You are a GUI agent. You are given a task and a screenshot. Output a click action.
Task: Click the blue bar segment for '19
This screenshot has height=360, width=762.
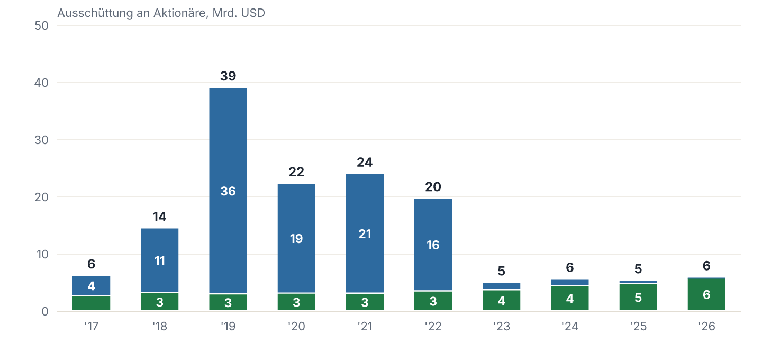tap(228, 191)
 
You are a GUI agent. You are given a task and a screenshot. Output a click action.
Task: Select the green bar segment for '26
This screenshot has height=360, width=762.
tap(706, 294)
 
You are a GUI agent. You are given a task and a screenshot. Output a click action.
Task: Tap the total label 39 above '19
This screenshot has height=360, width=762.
tap(228, 76)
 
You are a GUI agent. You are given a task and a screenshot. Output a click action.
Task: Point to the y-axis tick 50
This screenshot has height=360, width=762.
tap(41, 25)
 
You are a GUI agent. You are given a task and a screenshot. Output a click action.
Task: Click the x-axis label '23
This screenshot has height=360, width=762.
tap(502, 326)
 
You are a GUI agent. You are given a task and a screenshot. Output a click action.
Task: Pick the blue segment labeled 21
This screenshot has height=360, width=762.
tap(365, 233)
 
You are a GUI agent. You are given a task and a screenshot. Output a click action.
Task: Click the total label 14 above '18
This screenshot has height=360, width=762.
tap(160, 217)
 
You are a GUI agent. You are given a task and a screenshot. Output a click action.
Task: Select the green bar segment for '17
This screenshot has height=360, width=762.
tap(91, 303)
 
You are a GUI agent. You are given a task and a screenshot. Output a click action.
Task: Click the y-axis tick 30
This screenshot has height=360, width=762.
tap(41, 140)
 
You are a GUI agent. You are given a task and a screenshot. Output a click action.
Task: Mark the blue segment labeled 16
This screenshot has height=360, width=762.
tap(433, 244)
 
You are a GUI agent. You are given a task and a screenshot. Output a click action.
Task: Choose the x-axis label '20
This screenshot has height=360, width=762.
tap(296, 326)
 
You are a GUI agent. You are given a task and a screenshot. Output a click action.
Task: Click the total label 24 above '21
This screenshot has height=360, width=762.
tap(365, 163)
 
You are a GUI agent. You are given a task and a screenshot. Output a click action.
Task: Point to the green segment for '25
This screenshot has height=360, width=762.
tap(638, 297)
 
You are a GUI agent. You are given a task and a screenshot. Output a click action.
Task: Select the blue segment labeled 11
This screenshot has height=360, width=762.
tap(160, 260)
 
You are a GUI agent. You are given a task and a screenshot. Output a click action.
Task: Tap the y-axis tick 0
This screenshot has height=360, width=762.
tap(45, 311)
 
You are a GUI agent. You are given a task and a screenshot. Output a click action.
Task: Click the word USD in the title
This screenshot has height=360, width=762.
tap(253, 13)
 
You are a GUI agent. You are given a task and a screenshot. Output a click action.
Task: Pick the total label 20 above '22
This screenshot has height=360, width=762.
tap(433, 187)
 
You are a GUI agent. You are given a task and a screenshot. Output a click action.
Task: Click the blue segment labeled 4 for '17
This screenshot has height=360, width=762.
tap(91, 285)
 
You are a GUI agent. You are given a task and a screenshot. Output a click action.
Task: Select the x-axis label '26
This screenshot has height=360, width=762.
tap(706, 326)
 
